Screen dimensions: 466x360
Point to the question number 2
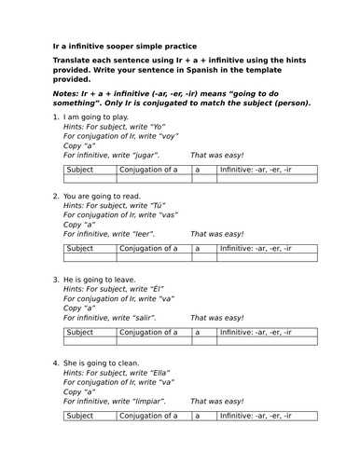[55, 198]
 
